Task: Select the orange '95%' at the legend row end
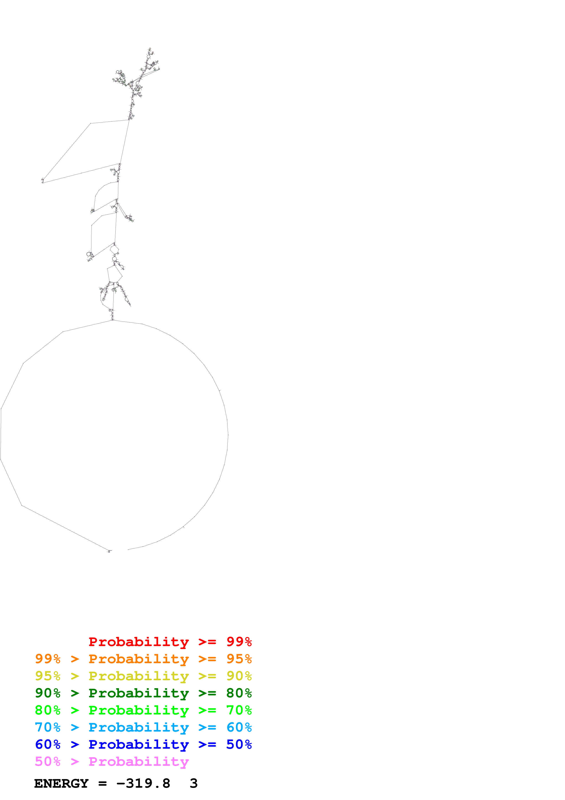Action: click(x=239, y=659)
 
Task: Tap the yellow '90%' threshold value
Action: click(x=239, y=676)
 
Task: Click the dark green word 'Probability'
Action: click(x=139, y=693)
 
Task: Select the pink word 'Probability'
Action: click(x=139, y=761)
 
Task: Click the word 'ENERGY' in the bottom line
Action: click(x=61, y=783)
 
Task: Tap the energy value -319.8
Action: click(x=143, y=783)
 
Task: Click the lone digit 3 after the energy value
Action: click(x=194, y=783)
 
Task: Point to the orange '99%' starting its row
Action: click(x=48, y=659)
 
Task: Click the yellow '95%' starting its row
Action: click(x=48, y=676)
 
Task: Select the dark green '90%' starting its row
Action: click(x=48, y=693)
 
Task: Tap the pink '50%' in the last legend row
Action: click(x=48, y=761)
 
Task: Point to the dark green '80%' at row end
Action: click(x=239, y=693)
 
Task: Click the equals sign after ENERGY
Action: click(x=102, y=784)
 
